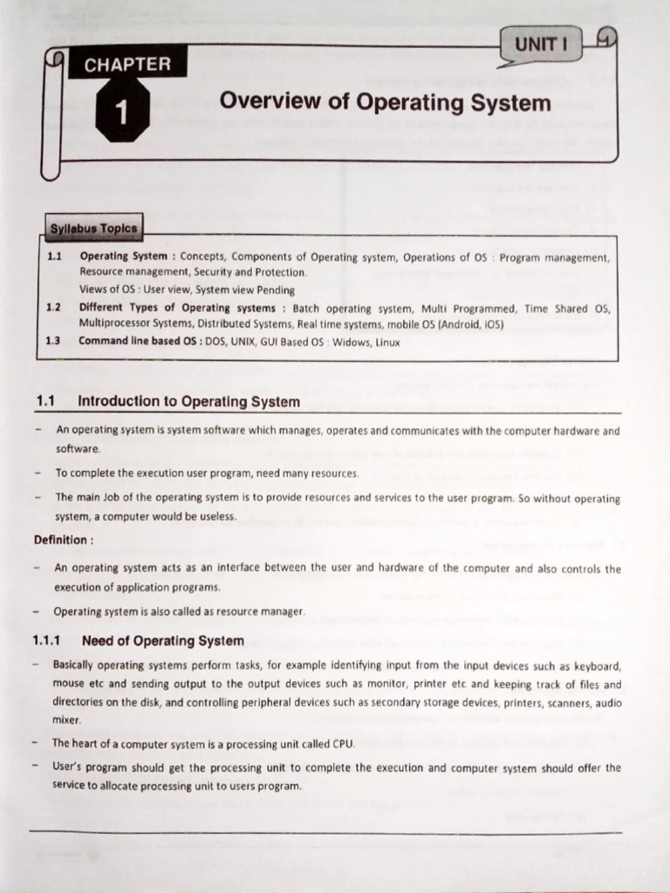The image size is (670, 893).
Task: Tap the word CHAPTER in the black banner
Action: click(127, 64)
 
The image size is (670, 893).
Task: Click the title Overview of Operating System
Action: click(385, 102)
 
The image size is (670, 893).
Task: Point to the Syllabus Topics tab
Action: click(93, 229)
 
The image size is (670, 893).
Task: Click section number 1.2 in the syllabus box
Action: click(53, 308)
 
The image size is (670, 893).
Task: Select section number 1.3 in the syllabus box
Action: click(53, 341)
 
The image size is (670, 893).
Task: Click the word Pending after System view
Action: click(276, 290)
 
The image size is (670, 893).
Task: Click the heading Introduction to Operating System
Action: click(188, 402)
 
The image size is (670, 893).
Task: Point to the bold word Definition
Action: click(62, 540)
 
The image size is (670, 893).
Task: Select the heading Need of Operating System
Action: click(162, 641)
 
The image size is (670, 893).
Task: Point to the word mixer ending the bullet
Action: click(66, 721)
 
